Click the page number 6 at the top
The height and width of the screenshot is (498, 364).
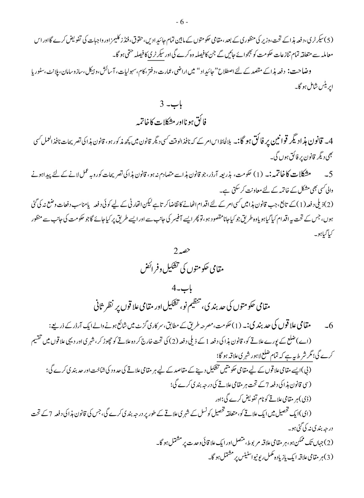(x=182, y=22)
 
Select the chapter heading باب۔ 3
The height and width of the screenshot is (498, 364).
(x=182, y=104)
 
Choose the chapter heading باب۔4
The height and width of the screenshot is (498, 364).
(x=182, y=288)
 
